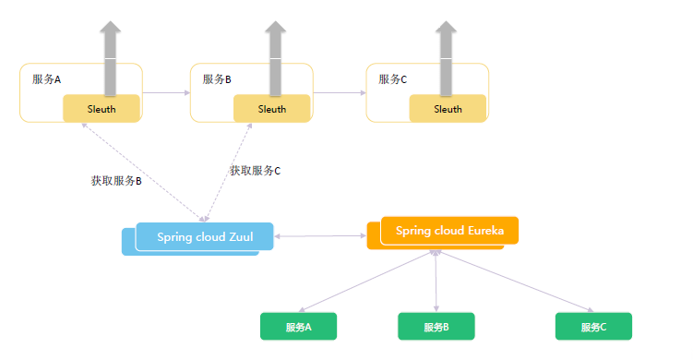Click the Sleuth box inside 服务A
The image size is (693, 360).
102,109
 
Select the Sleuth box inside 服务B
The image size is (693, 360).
272,109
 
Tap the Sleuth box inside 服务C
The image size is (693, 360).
448,109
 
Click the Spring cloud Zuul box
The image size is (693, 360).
204,236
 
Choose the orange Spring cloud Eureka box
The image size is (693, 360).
449,231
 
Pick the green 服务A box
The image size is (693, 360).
298,327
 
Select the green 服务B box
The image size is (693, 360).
436,327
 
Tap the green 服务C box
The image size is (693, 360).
593,327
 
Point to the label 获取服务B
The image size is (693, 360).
115,181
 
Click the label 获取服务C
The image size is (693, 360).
255,171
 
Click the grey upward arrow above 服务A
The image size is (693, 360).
111,55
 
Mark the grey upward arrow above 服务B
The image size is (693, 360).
275,55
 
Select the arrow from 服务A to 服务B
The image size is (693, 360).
166,92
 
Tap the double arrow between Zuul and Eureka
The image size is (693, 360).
320,237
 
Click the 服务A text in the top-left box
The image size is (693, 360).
46,79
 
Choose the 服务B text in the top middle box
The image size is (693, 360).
217,79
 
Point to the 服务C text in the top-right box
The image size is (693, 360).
393,79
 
